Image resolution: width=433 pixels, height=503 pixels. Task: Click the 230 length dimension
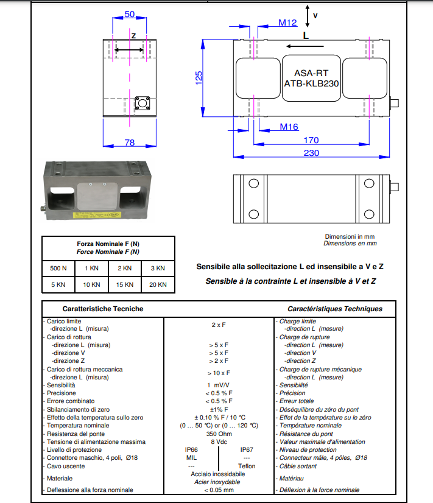tap(311, 153)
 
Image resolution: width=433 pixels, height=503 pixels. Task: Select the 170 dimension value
tap(311, 141)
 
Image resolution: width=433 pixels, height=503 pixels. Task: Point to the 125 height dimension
tap(199, 78)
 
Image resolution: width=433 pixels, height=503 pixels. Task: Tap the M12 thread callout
tap(287, 23)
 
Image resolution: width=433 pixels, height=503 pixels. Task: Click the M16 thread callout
tap(289, 127)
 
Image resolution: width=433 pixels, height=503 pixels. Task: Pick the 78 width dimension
tap(129, 142)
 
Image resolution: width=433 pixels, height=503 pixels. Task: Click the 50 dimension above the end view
tap(129, 14)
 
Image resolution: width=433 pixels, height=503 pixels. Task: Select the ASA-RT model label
tap(311, 72)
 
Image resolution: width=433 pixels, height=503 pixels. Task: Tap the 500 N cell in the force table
tap(58, 268)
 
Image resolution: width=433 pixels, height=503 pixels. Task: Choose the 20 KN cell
tap(157, 284)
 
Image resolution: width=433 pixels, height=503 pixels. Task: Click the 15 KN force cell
tap(124, 284)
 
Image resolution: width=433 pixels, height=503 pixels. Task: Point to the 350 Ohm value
tap(218, 434)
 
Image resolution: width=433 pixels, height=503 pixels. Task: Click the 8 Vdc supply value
tap(218, 441)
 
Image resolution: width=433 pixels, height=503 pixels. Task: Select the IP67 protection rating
tap(247, 449)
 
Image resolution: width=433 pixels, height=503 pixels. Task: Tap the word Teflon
tap(247, 466)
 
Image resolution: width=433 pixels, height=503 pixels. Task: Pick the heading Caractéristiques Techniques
tap(335, 309)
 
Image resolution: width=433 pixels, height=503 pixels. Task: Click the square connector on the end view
tap(144, 102)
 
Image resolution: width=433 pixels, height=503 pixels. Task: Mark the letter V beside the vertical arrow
tap(315, 14)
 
